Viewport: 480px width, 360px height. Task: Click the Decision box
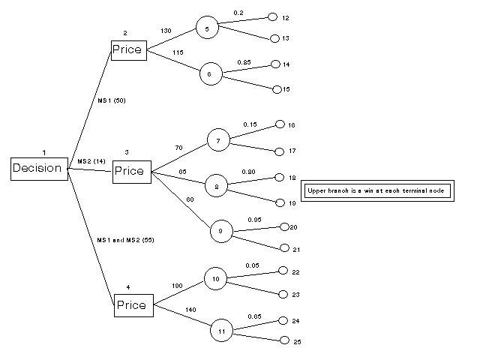pyautogui.click(x=37, y=168)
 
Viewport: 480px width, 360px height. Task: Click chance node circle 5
pyautogui.click(x=206, y=28)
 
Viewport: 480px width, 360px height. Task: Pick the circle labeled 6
pyautogui.click(x=210, y=74)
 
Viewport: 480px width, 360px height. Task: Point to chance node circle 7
pyautogui.click(x=217, y=140)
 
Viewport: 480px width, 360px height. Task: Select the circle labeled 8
pyautogui.click(x=216, y=187)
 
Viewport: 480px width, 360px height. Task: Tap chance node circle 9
pyautogui.click(x=220, y=232)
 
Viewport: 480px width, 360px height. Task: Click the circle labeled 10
pyautogui.click(x=215, y=279)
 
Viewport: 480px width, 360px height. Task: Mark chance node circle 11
pyautogui.click(x=222, y=330)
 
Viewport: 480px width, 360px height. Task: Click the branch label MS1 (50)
pyautogui.click(x=111, y=99)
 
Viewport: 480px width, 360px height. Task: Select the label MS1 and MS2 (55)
pyautogui.click(x=125, y=239)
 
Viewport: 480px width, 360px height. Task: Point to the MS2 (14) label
pyautogui.click(x=92, y=161)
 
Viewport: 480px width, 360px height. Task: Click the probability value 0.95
pyautogui.click(x=255, y=219)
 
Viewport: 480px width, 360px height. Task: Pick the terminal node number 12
pyautogui.click(x=286, y=17)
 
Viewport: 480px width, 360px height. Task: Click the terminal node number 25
pyautogui.click(x=296, y=342)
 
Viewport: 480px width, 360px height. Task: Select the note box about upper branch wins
pyautogui.click(x=376, y=190)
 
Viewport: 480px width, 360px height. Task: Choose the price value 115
pyautogui.click(x=178, y=52)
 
